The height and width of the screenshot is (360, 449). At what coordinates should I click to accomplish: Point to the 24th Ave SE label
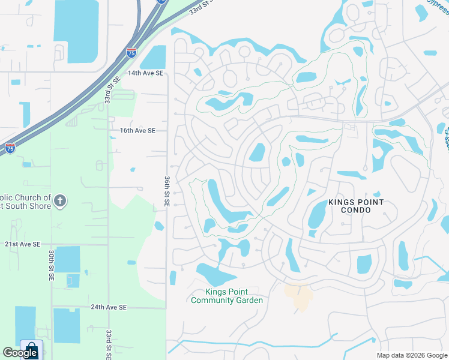pyautogui.click(x=109, y=307)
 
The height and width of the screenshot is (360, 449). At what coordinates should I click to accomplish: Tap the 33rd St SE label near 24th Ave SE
pyautogui.click(x=109, y=343)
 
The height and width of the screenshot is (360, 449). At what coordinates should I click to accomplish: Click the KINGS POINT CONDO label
pyautogui.click(x=355, y=206)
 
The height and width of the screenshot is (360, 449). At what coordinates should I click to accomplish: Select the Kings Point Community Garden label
pyautogui.click(x=226, y=296)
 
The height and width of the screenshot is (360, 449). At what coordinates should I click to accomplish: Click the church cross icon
pyautogui.click(x=59, y=201)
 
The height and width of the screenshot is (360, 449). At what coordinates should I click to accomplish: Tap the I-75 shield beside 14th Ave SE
pyautogui.click(x=131, y=53)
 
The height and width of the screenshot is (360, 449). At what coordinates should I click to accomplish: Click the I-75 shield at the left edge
pyautogui.click(x=10, y=148)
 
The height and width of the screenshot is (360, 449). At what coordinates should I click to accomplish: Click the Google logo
pyautogui.click(x=20, y=353)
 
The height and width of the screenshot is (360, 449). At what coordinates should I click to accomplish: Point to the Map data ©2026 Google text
pyautogui.click(x=412, y=355)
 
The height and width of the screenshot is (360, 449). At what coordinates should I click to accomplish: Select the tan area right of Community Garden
pyautogui.click(x=299, y=296)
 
